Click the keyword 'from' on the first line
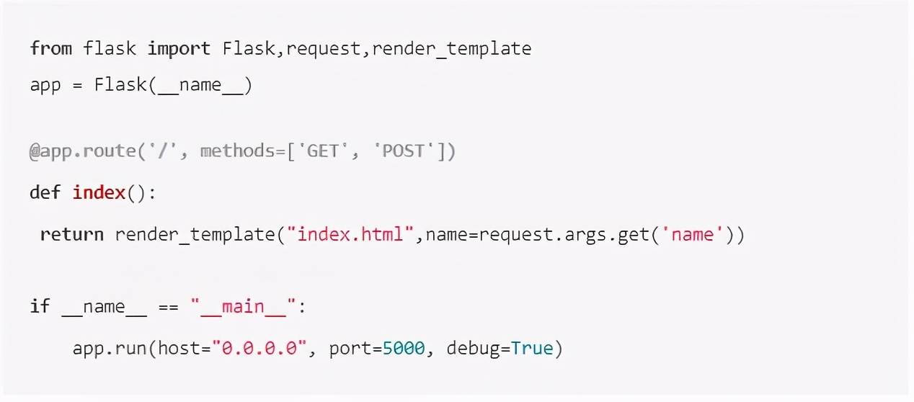coord(50,48)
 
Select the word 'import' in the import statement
coord(179,48)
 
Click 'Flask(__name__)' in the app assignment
coord(173,85)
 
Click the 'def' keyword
coord(45,193)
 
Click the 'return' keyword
coord(72,234)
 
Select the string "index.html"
coord(350,234)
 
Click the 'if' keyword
coord(40,307)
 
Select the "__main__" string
coord(243,307)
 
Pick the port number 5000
coord(404,349)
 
